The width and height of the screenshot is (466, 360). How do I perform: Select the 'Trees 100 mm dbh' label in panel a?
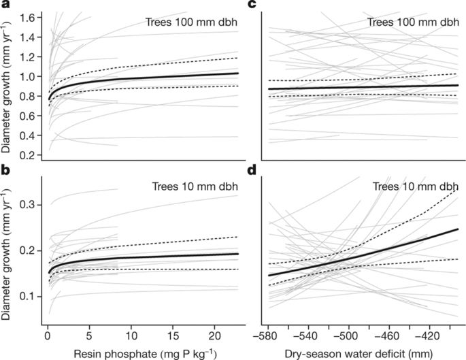pyautogui.click(x=193, y=21)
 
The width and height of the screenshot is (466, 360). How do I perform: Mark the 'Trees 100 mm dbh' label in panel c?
pyautogui.click(x=412, y=21)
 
